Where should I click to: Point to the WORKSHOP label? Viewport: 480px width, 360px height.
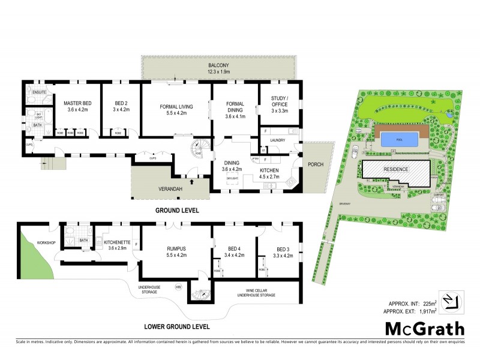click(x=47, y=243)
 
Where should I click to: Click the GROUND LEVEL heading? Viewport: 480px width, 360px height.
click(x=176, y=211)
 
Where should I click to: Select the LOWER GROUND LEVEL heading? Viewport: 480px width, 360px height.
click(x=176, y=327)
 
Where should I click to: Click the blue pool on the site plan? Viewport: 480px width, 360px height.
click(x=400, y=139)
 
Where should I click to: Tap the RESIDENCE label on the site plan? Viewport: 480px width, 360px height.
click(x=396, y=169)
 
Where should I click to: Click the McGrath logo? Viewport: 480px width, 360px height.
click(x=424, y=329)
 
